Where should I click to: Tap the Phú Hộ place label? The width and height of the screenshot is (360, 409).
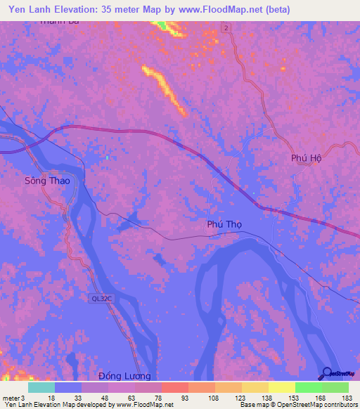tap(306, 158)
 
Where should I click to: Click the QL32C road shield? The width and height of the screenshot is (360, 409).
tap(101, 298)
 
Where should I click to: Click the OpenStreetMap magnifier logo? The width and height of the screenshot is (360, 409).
tap(328, 374)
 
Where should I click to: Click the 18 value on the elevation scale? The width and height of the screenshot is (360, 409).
tap(51, 397)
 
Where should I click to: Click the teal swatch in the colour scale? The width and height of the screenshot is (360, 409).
tap(41, 387)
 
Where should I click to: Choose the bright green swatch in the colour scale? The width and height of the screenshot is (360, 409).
tap(309, 387)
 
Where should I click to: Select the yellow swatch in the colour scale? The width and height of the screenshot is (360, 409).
tap(282, 387)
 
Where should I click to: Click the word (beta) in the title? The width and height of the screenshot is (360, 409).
tap(272, 10)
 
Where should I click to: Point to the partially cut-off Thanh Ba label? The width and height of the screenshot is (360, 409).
tap(59, 22)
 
